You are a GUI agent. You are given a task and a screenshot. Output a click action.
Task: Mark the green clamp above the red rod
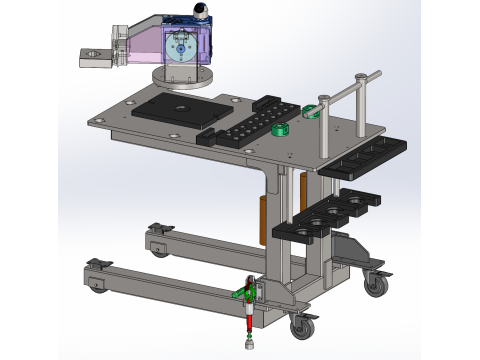pyautogui.click(x=243, y=293)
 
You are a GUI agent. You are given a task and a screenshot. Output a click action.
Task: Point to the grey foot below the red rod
pyautogui.click(x=247, y=346)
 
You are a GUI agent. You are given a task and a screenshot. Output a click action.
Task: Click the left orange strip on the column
pyautogui.click(x=264, y=216)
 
